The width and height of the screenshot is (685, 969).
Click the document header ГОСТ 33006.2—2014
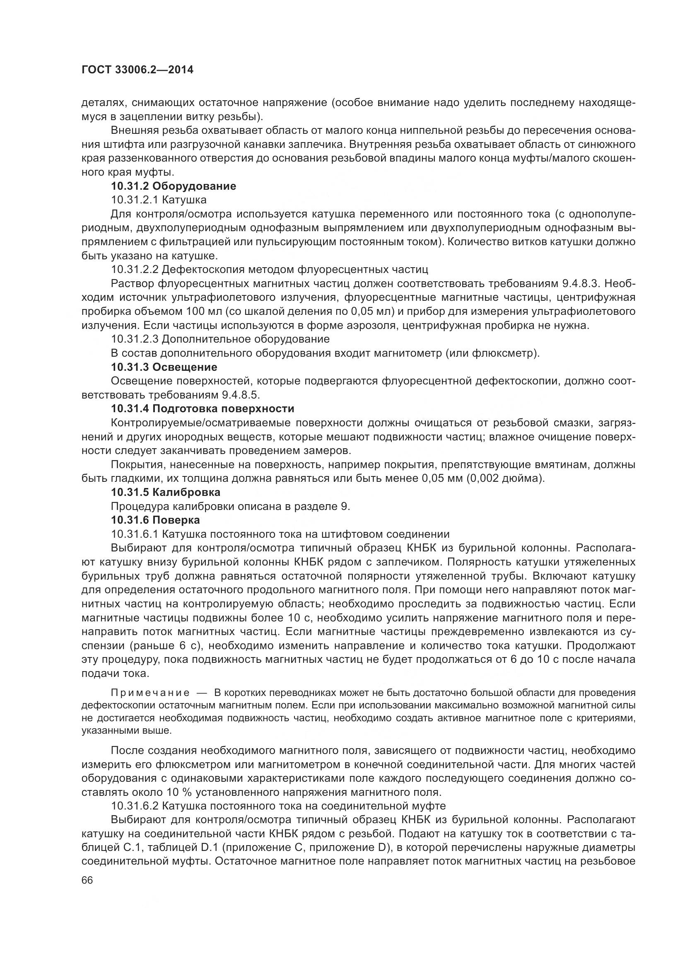click(x=137, y=70)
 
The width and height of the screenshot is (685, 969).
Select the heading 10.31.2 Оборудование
click(x=174, y=186)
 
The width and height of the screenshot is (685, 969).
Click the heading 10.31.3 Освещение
click(x=164, y=367)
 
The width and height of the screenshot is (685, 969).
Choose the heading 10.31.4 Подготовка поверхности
click(x=203, y=408)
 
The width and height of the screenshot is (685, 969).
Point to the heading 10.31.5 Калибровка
click(x=165, y=492)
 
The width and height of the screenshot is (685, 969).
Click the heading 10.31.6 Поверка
click(x=155, y=520)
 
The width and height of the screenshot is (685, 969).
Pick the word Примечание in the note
click(x=150, y=693)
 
